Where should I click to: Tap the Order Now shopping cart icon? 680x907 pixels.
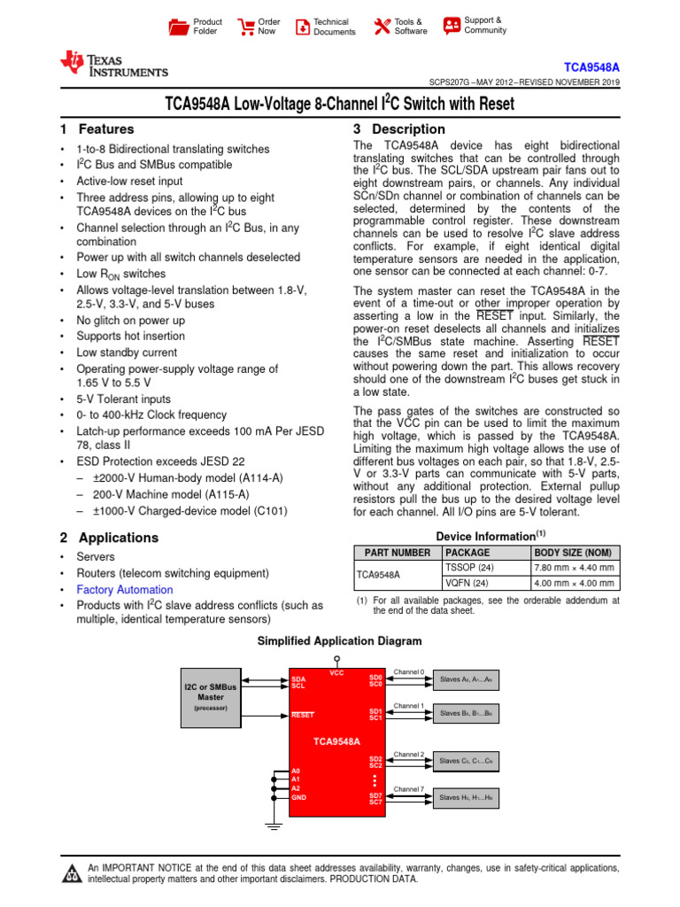(244, 27)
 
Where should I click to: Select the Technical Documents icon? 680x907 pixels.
(303, 27)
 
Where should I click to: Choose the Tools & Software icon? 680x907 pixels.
(382, 27)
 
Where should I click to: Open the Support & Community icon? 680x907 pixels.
(452, 26)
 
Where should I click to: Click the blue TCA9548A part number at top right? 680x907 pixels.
(592, 67)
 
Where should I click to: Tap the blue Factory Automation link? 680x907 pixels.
(125, 590)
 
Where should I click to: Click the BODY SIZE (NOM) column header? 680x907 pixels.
(575, 552)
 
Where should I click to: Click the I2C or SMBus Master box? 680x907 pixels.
(211, 697)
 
